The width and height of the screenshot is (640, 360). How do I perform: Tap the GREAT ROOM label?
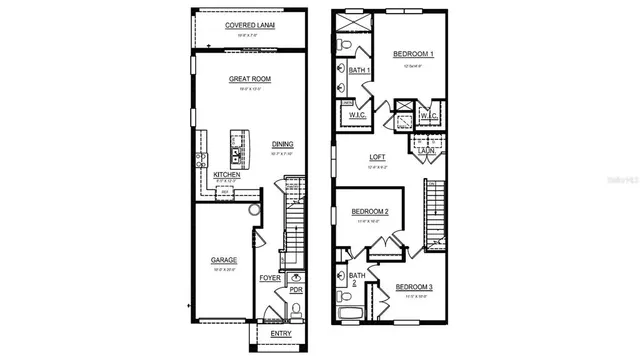tap(249, 78)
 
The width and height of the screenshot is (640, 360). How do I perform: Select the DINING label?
tap(282, 144)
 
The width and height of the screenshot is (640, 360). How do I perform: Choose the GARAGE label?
tap(223, 260)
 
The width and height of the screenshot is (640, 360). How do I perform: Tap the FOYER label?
tap(270, 277)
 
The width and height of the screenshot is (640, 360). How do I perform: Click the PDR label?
tap(296, 290)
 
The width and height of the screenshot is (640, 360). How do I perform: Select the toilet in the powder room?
tap(296, 277)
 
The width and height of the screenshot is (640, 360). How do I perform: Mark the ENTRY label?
tap(281, 333)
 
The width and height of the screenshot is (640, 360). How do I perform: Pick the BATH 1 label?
tap(359, 70)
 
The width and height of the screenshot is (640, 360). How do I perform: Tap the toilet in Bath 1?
tap(346, 45)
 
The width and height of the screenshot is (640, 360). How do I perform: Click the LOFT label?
tap(377, 157)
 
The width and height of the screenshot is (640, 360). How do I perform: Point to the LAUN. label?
tap(425, 149)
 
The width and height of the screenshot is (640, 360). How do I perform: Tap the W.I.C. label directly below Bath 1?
tap(359, 115)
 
